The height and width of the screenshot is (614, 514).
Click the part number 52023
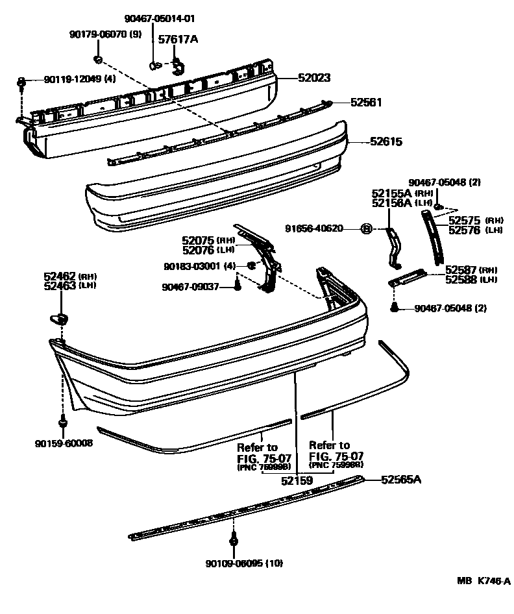click(314, 78)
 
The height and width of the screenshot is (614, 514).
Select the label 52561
click(366, 103)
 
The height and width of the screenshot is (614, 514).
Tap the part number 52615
click(386, 140)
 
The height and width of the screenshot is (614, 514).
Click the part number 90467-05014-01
click(160, 18)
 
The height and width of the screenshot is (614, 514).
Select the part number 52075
click(199, 240)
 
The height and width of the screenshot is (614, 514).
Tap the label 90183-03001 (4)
click(199, 266)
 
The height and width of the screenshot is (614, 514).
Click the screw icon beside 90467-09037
click(238, 286)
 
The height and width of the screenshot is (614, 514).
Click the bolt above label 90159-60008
click(63, 423)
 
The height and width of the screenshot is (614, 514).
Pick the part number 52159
click(297, 481)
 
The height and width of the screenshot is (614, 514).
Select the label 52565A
click(401, 480)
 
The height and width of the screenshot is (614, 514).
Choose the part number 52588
click(461, 279)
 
